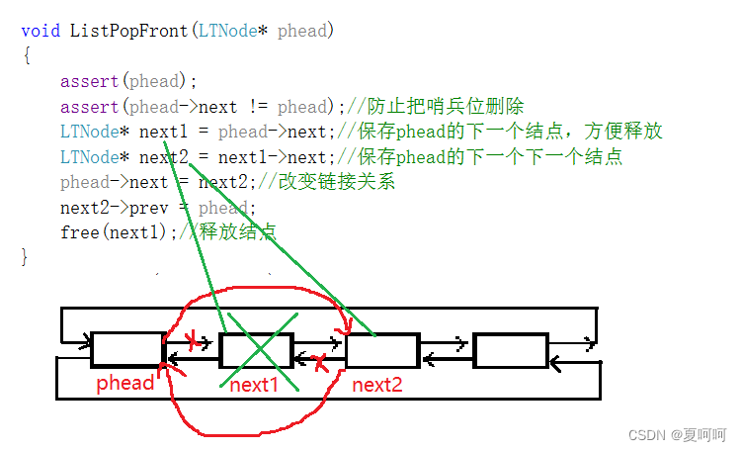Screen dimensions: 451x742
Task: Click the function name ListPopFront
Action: (x=127, y=31)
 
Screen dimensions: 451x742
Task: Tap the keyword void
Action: (x=41, y=31)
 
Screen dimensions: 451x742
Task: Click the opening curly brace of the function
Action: (x=26, y=55)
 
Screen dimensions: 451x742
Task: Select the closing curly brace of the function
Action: (x=26, y=257)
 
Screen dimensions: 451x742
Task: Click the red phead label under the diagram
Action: (x=125, y=384)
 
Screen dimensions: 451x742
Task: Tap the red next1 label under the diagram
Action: (x=255, y=385)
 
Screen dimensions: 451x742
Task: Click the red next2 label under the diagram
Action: (x=377, y=385)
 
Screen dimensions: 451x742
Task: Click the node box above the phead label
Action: (x=127, y=350)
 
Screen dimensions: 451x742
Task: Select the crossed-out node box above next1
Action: (x=256, y=350)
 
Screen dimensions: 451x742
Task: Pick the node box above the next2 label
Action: (x=382, y=350)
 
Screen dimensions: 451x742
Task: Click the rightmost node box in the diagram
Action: (x=510, y=350)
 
